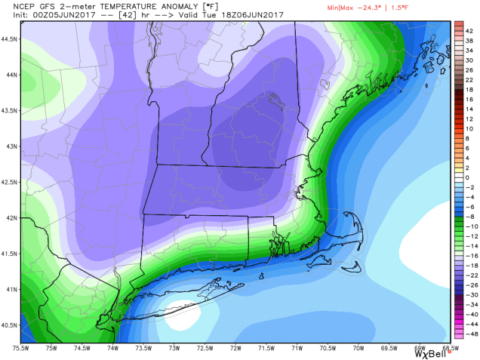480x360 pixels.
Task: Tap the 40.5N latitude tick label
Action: (x=10, y=325)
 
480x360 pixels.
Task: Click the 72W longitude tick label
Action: (x=237, y=348)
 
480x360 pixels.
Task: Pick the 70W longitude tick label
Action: (x=358, y=348)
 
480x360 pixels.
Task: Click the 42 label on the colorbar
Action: (x=469, y=31)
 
